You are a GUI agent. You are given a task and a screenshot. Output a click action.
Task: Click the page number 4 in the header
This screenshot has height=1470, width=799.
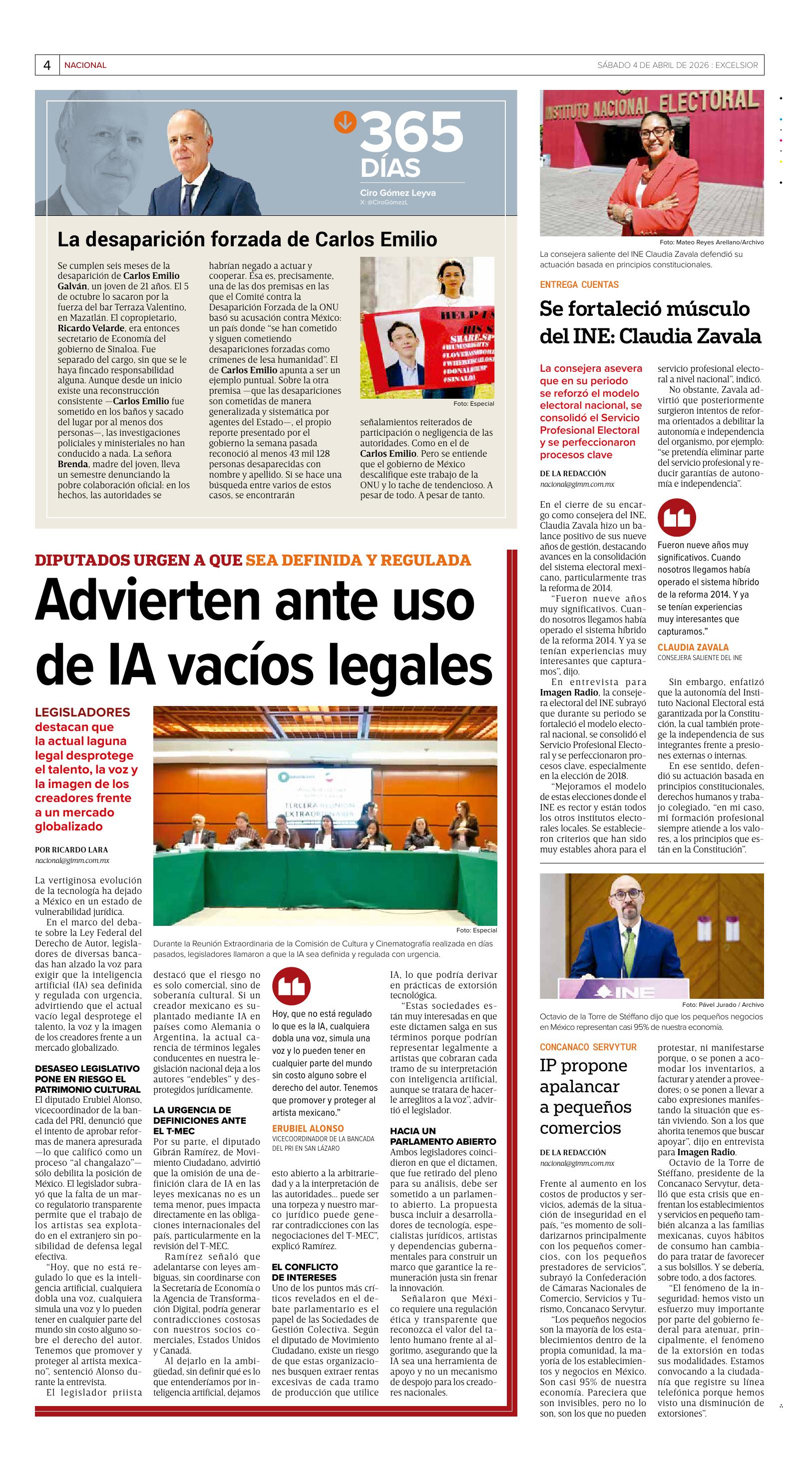[47, 65]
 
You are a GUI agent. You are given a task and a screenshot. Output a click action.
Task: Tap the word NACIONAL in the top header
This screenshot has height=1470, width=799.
[85, 65]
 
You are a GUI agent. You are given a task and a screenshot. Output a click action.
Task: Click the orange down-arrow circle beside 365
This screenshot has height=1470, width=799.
[345, 121]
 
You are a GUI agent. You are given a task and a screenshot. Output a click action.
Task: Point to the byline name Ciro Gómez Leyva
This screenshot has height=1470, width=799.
[398, 193]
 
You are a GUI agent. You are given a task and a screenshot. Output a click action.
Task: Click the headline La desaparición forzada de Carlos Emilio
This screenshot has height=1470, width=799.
[247, 239]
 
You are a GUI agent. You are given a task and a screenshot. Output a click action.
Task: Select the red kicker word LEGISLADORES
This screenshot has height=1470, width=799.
[82, 712]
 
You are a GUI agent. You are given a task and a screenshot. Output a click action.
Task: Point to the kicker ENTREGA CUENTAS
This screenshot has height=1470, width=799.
[579, 284]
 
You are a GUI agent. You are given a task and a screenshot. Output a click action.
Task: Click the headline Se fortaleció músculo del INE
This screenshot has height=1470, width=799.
[650, 322]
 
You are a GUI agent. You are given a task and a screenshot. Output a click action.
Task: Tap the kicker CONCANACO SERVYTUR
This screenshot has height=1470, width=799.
[588, 1047]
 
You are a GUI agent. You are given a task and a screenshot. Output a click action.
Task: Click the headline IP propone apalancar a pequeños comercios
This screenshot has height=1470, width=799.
[586, 1096]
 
